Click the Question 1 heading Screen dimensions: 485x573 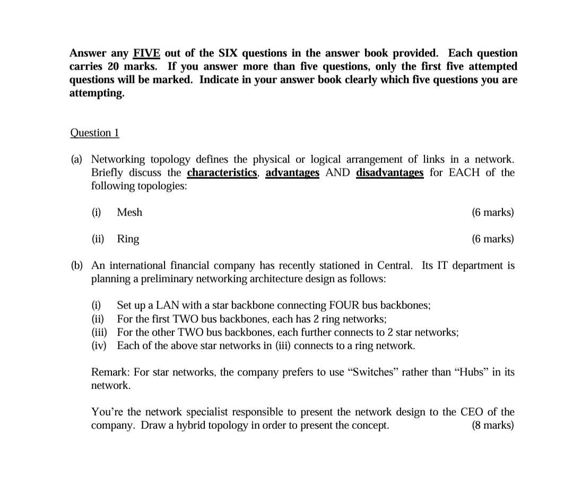click(94, 133)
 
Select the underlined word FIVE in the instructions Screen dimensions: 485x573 click(146, 53)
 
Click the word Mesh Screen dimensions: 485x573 click(129, 212)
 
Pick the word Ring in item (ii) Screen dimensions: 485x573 click(128, 239)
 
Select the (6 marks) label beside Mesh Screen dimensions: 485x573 click(492, 212)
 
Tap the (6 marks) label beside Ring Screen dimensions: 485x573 click(492, 239)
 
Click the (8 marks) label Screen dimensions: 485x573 click(492, 426)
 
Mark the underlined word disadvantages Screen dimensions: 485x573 click(390, 172)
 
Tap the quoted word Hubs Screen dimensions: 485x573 click(474, 372)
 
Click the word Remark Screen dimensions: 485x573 click(111, 372)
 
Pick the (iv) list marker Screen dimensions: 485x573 click(98, 346)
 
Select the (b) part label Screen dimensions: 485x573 click(77, 265)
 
